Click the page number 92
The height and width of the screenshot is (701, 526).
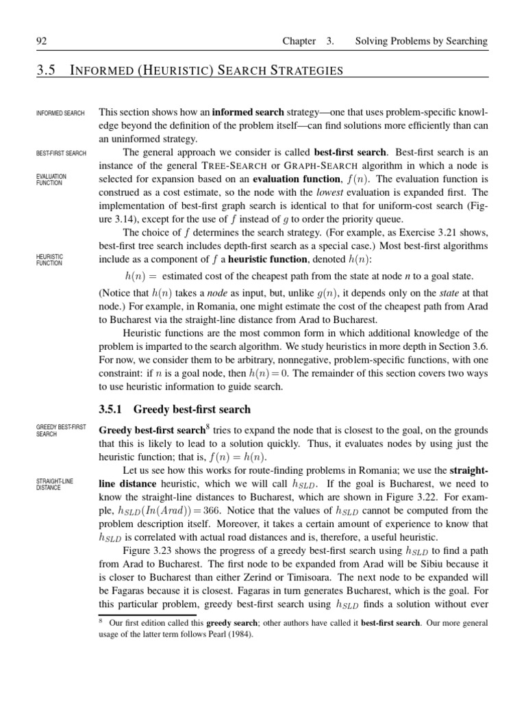(40, 42)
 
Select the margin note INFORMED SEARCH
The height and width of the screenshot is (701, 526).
(60, 113)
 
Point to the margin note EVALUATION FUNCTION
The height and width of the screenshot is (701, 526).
(51, 179)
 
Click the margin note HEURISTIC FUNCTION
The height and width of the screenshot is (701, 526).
(49, 259)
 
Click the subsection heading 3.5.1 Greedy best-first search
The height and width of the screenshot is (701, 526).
(175, 409)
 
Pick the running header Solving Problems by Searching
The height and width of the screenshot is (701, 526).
(421, 42)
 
